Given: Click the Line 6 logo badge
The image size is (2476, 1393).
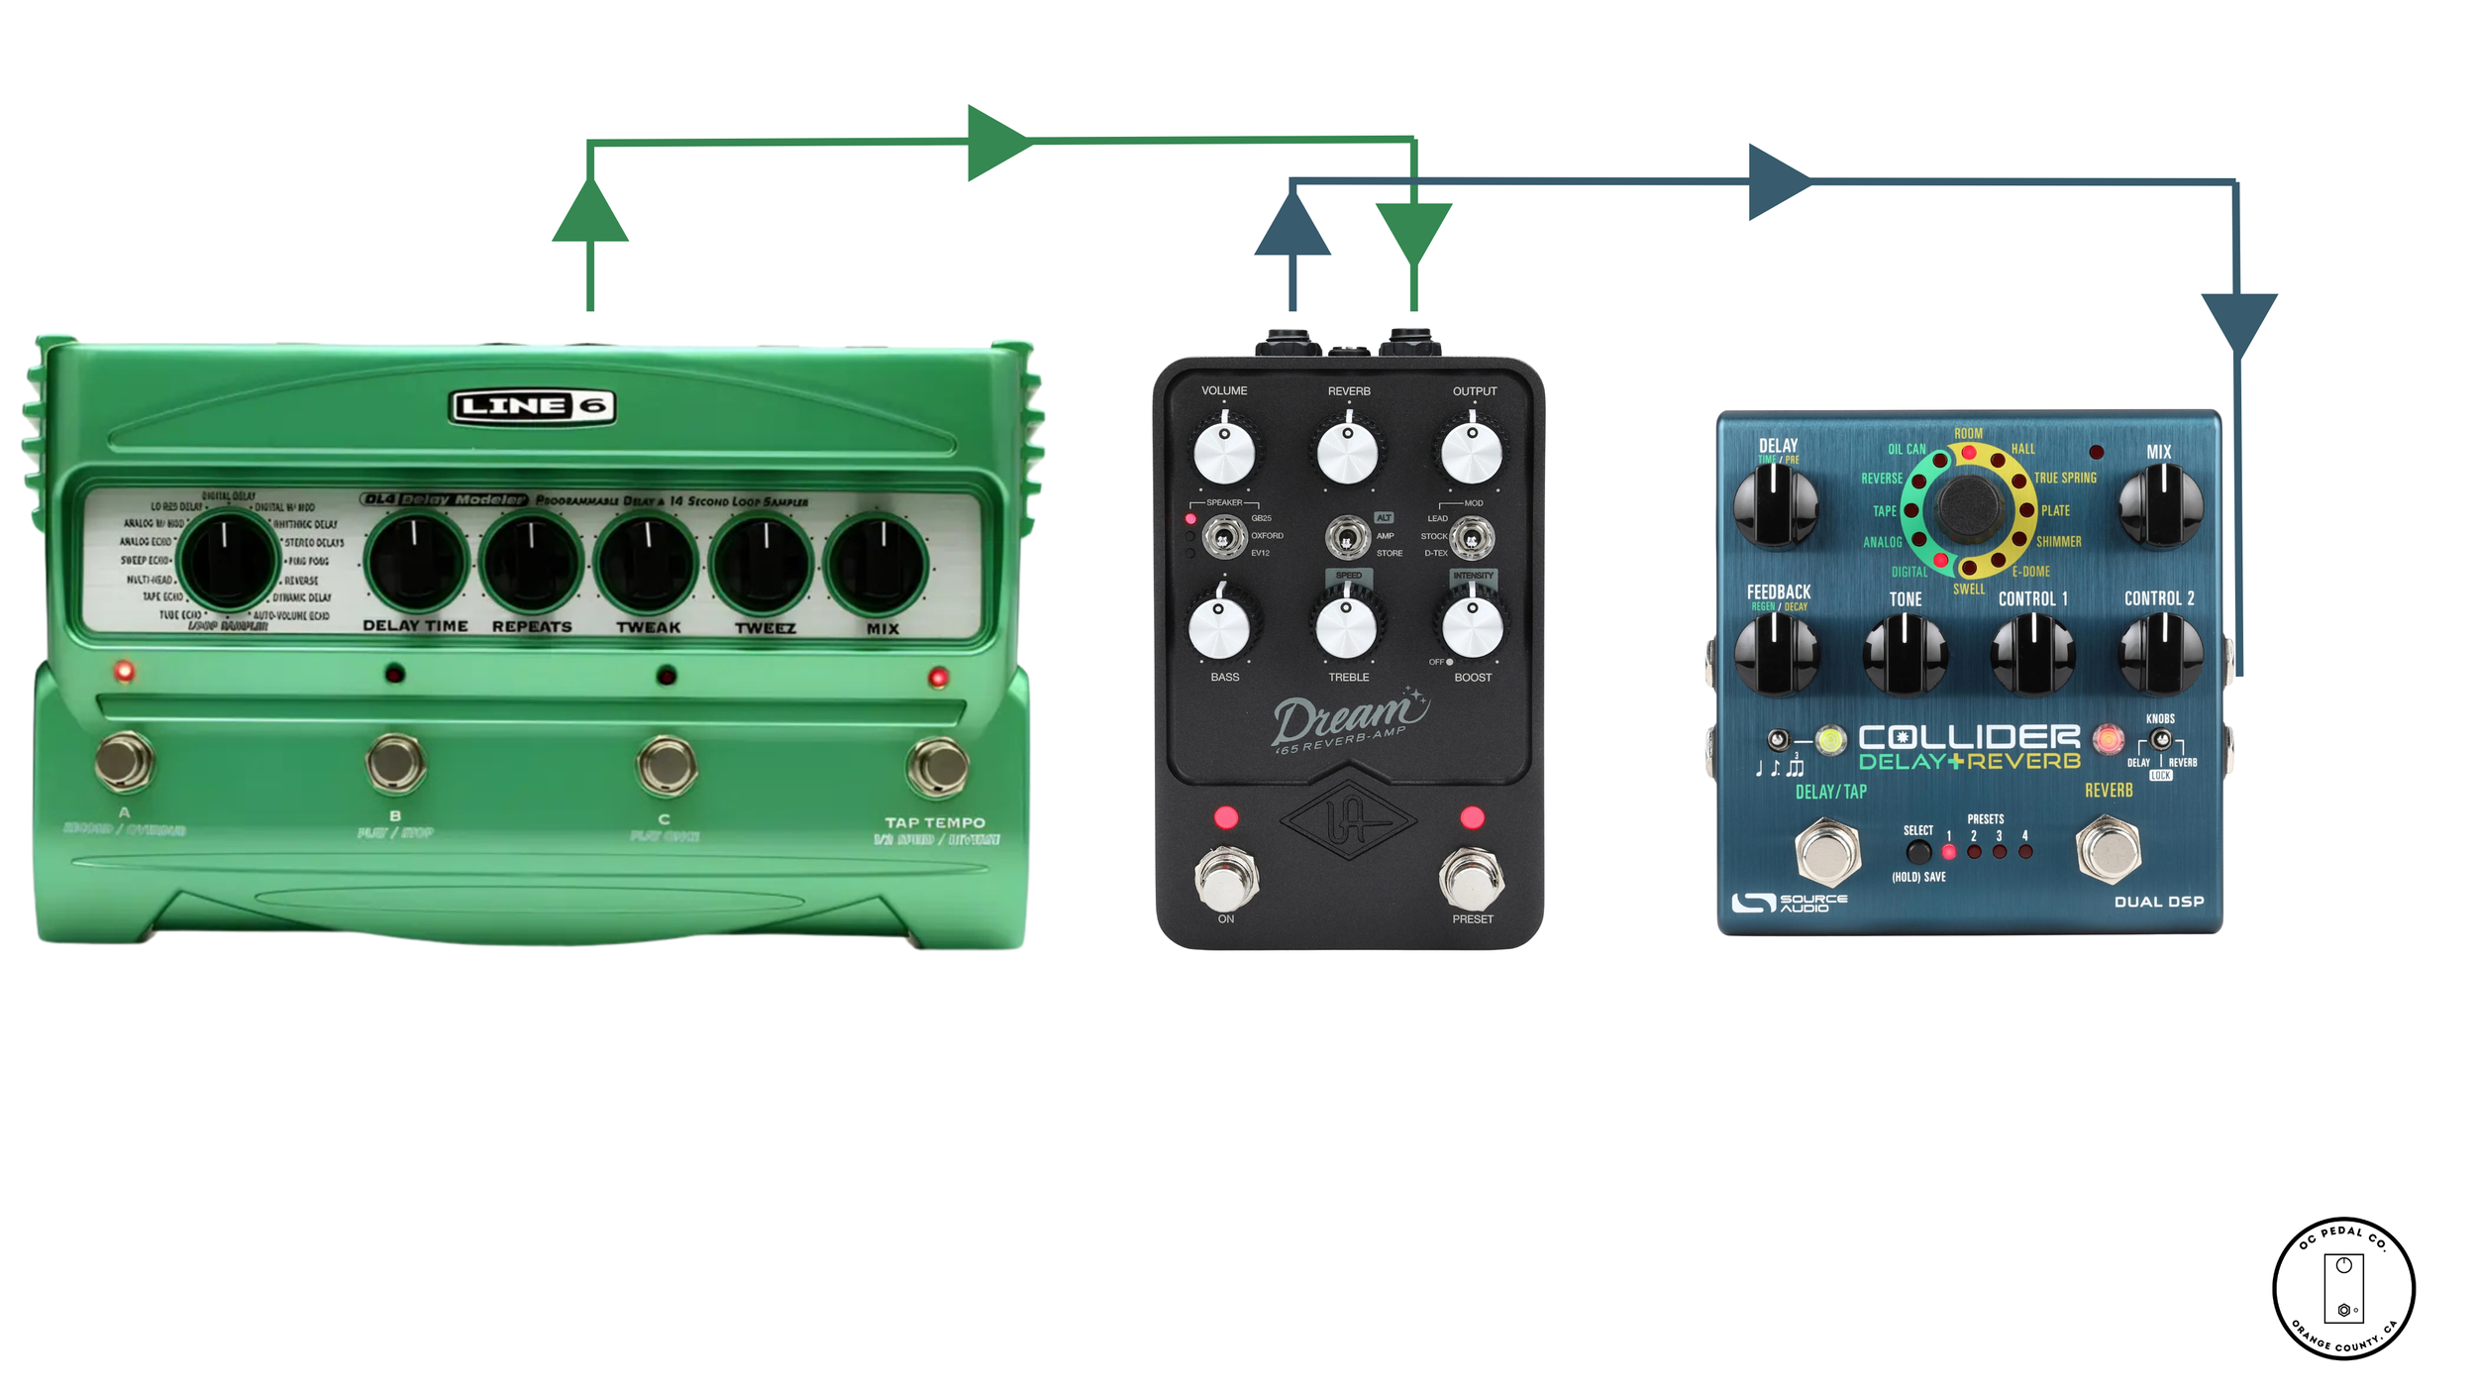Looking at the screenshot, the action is [x=532, y=406].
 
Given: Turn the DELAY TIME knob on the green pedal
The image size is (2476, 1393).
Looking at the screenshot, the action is [x=416, y=562].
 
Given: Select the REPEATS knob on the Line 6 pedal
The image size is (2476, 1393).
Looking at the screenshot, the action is [x=532, y=563].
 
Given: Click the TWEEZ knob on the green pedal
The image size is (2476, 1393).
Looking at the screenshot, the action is [x=764, y=564].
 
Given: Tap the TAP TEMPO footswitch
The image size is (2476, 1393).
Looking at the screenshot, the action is [x=936, y=766].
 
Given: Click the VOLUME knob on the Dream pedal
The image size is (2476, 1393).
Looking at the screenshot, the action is [x=1224, y=453].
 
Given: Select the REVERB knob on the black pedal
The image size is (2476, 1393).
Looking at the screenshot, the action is [x=1348, y=453].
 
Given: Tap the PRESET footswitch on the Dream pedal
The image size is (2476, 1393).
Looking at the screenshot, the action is [x=1471, y=878].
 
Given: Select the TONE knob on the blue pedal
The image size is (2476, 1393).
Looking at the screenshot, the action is [x=1905, y=653].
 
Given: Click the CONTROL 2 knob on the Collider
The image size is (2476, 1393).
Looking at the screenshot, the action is [x=2160, y=652].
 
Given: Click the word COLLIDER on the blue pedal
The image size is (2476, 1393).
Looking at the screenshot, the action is [x=1969, y=737].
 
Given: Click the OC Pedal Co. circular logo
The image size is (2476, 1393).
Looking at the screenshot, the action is [x=2343, y=1288].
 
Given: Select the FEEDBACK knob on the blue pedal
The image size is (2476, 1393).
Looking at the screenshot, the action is [x=1777, y=652].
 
